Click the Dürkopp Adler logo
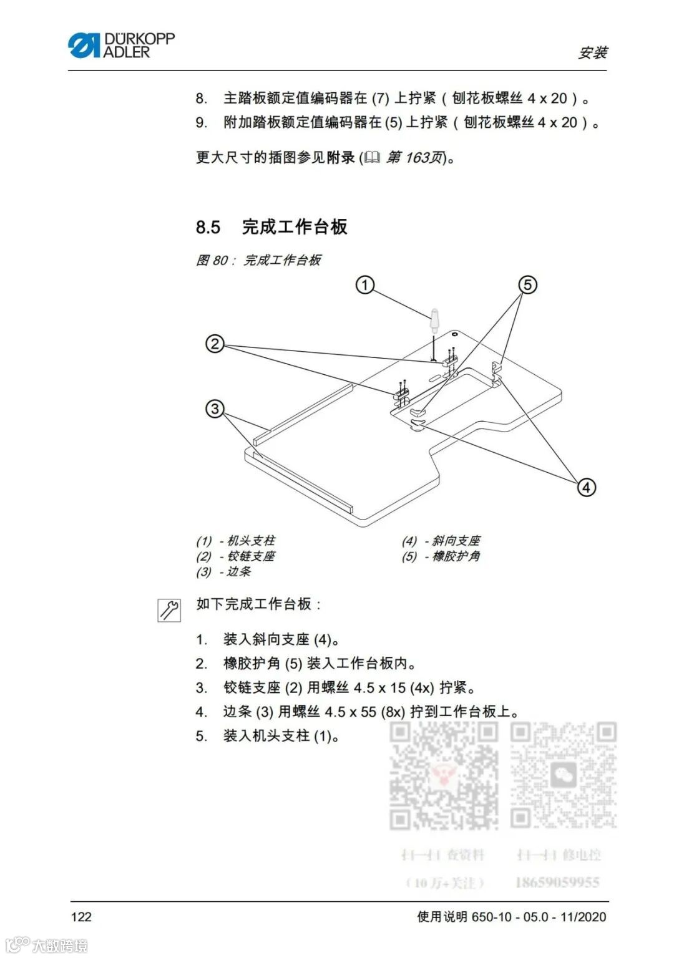pyautogui.click(x=121, y=46)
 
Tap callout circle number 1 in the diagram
pyautogui.click(x=365, y=286)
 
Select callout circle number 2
pyautogui.click(x=215, y=344)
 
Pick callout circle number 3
pyautogui.click(x=215, y=409)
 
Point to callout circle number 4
pyautogui.click(x=586, y=487)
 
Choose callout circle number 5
pyautogui.click(x=528, y=286)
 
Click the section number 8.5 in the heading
pyautogui.click(x=208, y=227)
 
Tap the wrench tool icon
pyautogui.click(x=168, y=609)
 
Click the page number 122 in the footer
pyautogui.click(x=81, y=916)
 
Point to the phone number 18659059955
pyautogui.click(x=557, y=883)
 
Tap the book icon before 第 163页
pyautogui.click(x=372, y=158)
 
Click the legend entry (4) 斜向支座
pyautogui.click(x=441, y=541)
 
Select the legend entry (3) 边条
pyautogui.click(x=223, y=571)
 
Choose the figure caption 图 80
pyautogui.click(x=258, y=260)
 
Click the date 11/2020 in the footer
pyautogui.click(x=583, y=916)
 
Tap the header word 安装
pyautogui.click(x=592, y=53)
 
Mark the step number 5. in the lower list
pyautogui.click(x=201, y=736)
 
